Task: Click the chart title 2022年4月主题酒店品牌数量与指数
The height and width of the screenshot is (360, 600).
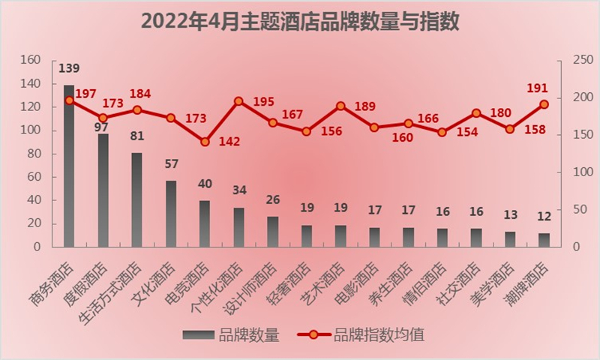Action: coord(299,20)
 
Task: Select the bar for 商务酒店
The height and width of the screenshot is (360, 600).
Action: coord(69,166)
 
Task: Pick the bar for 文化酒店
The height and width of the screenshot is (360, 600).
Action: coord(171,214)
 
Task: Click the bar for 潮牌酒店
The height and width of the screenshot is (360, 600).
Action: coord(544,240)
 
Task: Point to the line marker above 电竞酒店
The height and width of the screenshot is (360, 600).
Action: coord(205,142)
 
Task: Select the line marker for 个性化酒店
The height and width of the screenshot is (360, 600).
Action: coord(238,101)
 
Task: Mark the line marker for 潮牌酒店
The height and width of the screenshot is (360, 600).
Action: coord(544,104)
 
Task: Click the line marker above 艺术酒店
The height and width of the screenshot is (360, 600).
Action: coord(340,106)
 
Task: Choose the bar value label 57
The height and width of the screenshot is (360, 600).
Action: coord(171,164)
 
